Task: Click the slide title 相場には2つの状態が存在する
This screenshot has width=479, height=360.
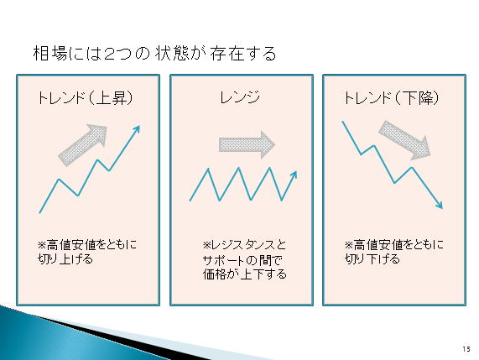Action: (154, 54)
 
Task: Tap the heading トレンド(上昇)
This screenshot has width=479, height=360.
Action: (86, 98)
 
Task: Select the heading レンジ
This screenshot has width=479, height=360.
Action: (240, 97)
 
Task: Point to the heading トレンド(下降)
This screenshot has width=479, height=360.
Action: (392, 98)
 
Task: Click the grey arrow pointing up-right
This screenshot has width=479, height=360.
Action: (82, 145)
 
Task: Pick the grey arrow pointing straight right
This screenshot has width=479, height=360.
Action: (247, 145)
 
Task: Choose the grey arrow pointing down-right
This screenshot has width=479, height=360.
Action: (404, 140)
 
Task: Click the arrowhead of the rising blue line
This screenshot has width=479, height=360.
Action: (137, 129)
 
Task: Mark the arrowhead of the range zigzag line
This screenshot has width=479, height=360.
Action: (294, 175)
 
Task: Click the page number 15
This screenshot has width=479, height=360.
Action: (466, 349)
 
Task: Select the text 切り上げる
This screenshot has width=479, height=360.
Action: (65, 259)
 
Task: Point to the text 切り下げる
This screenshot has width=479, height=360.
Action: (372, 259)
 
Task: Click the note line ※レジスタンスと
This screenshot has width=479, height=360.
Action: (244, 245)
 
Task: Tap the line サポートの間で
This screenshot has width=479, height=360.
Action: (243, 260)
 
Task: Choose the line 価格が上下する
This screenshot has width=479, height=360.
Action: (245, 274)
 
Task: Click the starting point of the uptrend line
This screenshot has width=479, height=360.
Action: (39, 212)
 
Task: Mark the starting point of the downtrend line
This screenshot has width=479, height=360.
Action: (342, 122)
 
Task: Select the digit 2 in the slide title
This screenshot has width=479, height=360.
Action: (109, 54)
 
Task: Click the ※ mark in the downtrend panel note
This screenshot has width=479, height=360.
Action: (349, 245)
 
